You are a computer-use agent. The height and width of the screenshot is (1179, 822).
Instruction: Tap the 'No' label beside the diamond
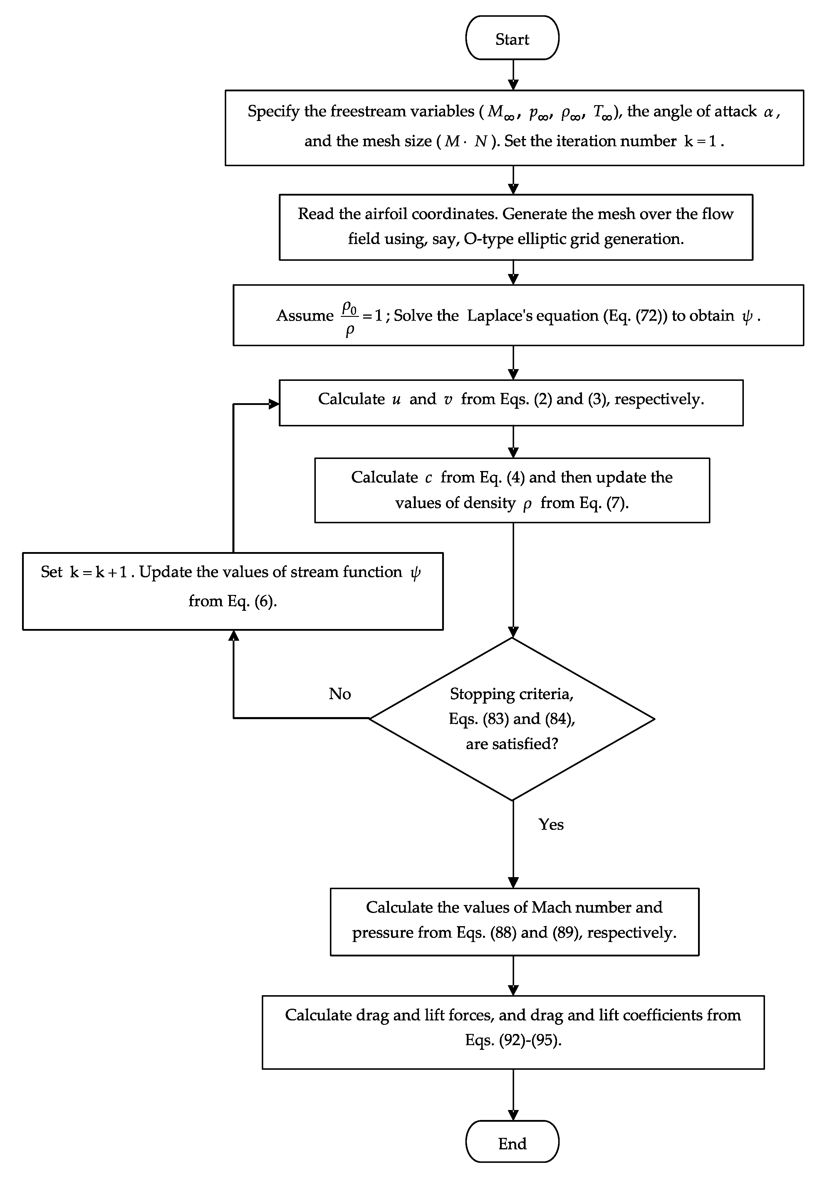340,694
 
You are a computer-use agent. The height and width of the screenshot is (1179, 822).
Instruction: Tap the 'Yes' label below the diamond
551,824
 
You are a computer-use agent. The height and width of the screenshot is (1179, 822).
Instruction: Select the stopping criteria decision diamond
512,719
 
